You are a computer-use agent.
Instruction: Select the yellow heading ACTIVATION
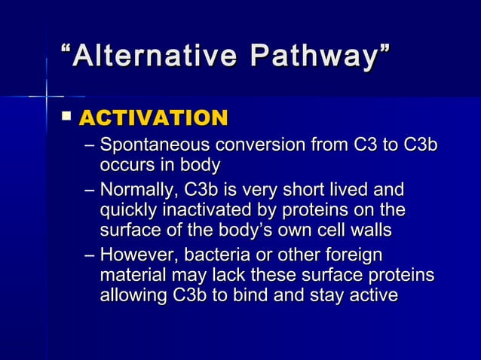[x=153, y=118]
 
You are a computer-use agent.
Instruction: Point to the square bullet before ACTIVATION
[x=67, y=117]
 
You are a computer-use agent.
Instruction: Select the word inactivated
[x=210, y=209]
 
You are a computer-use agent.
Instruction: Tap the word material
[x=130, y=276]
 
